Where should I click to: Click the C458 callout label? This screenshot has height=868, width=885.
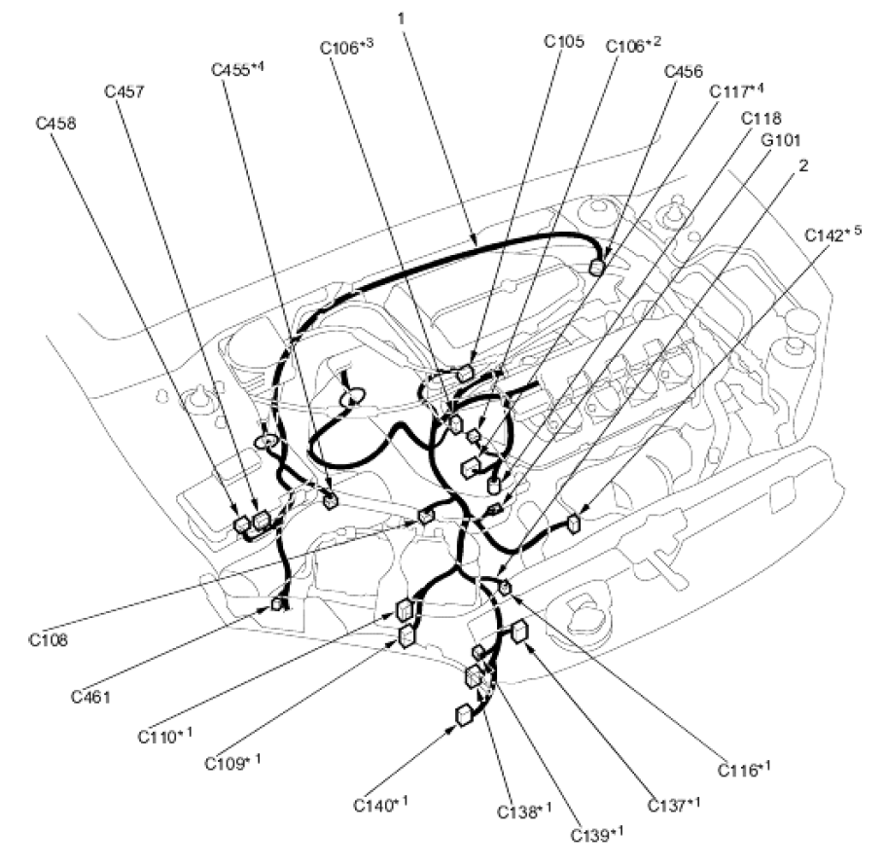[x=55, y=124]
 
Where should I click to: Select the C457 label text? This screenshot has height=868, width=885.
[x=124, y=91]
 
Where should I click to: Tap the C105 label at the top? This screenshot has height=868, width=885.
[x=564, y=41]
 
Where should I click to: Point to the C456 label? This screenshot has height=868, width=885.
[x=684, y=72]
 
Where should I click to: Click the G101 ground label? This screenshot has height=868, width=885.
[x=781, y=139]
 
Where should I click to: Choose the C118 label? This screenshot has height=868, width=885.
[x=761, y=118]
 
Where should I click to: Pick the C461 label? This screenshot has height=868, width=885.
[x=90, y=697]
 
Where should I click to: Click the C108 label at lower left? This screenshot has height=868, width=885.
[x=49, y=640]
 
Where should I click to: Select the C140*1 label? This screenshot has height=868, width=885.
[x=381, y=804]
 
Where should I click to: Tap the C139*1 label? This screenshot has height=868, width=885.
[x=597, y=834]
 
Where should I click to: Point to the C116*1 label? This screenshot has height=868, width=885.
[x=745, y=769]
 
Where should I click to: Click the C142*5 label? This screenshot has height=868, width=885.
[x=833, y=234]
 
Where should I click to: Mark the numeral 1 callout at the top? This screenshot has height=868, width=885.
[x=402, y=18]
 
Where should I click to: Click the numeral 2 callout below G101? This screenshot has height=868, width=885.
[x=803, y=165]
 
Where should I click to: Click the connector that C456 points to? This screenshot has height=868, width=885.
[x=596, y=268]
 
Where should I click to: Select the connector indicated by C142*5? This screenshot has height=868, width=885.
[x=574, y=524]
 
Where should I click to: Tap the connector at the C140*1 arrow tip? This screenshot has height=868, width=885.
[x=463, y=715]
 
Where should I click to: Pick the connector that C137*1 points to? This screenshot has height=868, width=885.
[x=519, y=632]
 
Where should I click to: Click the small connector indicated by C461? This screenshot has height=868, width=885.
[x=278, y=604]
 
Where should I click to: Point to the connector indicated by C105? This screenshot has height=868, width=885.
[x=466, y=372]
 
